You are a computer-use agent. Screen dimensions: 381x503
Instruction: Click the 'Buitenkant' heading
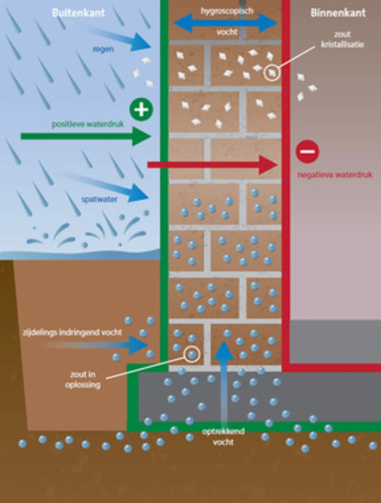pos(79,13)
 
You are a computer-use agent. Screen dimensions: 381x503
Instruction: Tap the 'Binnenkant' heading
pos(338,13)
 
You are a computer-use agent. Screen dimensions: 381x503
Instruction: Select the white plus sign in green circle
pos(141,110)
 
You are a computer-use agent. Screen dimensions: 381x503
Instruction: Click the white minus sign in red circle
pos(307,151)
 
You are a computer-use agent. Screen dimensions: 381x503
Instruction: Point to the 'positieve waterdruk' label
pos(88,124)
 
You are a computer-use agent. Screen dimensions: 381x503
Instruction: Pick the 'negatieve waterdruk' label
pos(335,175)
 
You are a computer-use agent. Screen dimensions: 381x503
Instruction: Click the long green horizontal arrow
pos(86,136)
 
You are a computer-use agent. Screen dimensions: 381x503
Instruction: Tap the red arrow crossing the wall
pos(212,165)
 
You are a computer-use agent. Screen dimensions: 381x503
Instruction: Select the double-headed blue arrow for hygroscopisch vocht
pos(226,23)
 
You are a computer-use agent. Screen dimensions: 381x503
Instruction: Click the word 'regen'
pos(103,49)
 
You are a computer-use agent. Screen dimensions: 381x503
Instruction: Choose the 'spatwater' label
pos(100,199)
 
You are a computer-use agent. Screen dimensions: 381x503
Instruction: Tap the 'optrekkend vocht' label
pos(223,437)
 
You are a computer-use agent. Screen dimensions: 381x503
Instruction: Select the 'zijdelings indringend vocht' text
pos(73,333)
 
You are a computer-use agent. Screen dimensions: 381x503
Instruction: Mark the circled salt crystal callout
pos(272,73)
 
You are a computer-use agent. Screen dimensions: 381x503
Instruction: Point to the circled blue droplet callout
pos(192,354)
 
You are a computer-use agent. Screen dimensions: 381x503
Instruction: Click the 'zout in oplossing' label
pos(83,380)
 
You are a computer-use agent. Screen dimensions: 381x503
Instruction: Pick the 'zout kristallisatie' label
pos(342,39)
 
